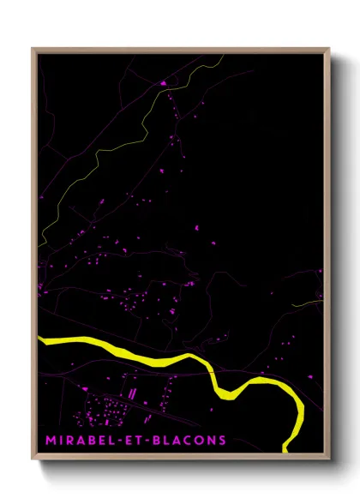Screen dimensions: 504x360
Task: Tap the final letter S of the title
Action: click(x=223, y=441)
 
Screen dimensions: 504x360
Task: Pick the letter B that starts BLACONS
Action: click(x=160, y=441)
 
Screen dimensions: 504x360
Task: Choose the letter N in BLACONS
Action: click(x=212, y=441)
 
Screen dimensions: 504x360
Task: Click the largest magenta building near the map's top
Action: click(x=163, y=83)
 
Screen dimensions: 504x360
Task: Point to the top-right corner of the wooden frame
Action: click(x=328, y=49)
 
